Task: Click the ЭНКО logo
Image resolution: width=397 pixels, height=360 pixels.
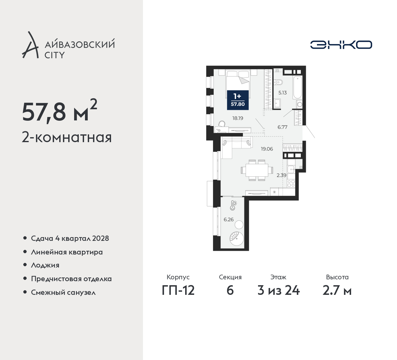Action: pos(341,45)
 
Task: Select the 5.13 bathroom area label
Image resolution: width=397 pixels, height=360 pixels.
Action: pos(283,93)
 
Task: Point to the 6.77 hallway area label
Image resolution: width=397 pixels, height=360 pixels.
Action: pos(283,127)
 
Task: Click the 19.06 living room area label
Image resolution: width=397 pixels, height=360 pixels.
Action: pos(267,149)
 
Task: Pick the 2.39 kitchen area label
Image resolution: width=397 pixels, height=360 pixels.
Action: pos(281,175)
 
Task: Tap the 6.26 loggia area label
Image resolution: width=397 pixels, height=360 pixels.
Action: pos(229,219)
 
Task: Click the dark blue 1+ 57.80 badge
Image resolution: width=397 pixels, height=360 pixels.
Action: pos(238,100)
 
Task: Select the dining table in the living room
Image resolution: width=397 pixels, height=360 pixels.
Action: pos(257,170)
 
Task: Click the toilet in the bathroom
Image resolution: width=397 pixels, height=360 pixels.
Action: pos(278,82)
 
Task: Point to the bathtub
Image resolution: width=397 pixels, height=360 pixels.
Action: pos(297,87)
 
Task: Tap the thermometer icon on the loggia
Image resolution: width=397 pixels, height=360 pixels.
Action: pos(233,205)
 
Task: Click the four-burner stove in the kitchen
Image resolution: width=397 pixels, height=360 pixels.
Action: pos(291,183)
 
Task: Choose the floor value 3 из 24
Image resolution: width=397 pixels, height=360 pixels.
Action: pos(279,291)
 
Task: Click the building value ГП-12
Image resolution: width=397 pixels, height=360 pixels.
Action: pos(178,291)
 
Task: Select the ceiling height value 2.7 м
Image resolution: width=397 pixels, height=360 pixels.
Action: pos(337,291)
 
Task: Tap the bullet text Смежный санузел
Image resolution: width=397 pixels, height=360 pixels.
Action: pos(63,292)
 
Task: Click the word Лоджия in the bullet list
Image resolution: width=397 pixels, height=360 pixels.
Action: pos(45,265)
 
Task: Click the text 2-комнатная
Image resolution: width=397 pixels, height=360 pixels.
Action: pos(67,137)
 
